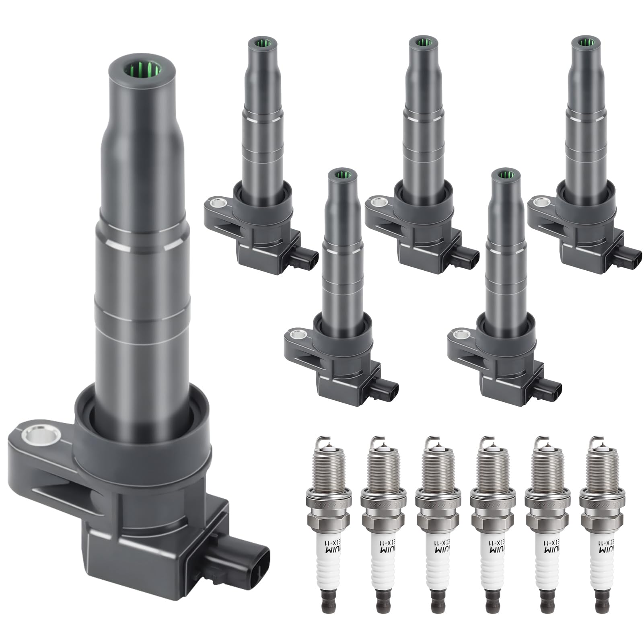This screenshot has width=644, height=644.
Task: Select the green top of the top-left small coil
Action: (x=261, y=42)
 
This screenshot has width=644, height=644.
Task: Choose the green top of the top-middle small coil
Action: (x=422, y=42)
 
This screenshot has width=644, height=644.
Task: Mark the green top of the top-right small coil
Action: (x=584, y=41)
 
